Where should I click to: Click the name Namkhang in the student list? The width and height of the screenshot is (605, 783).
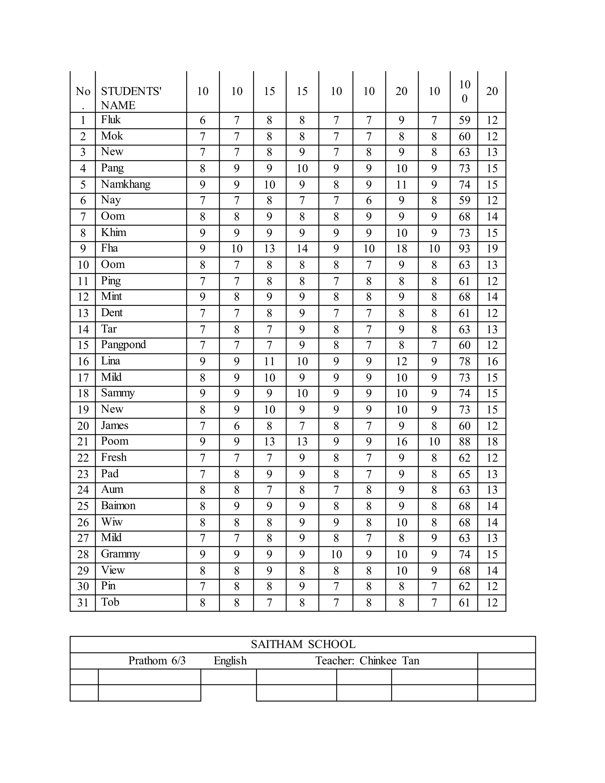pos(126,184)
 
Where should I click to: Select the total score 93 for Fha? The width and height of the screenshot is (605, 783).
pos(464,249)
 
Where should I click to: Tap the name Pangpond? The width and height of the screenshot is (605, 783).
pos(123,345)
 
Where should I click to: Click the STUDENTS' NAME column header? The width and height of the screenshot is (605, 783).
pos(131,98)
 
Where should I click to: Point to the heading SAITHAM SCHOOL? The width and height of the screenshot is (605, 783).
pos(303,644)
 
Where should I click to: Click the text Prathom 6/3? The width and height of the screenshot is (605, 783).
pos(157,660)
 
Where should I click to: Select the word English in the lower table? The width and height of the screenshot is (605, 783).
pos(230,660)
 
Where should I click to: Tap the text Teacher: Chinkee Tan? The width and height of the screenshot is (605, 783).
pos(367,660)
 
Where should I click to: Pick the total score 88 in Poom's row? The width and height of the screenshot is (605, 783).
pos(464,442)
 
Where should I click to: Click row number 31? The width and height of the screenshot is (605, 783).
pos(83,603)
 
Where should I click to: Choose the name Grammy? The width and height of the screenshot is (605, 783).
pos(121,554)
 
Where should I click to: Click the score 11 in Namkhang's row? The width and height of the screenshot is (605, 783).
pos(401,185)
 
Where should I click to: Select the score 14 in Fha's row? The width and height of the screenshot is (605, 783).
pos(302,249)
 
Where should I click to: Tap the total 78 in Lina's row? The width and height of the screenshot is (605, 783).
pos(464,361)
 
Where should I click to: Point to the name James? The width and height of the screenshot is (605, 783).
pos(114,425)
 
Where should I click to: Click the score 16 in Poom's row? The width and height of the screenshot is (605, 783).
pos(401,442)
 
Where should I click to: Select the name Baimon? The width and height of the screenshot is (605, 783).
pos(118,506)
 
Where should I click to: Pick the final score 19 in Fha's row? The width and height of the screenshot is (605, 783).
pos(492,249)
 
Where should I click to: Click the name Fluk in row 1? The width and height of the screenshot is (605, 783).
pos(111,120)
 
